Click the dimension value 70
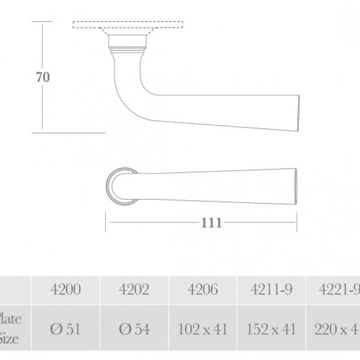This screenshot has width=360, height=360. click(x=43, y=77)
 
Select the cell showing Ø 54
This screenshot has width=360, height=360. click(x=134, y=329)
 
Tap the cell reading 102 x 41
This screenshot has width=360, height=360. click(x=202, y=329)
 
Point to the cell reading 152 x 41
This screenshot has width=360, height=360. click(x=271, y=329)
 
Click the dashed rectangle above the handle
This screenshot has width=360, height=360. click(x=128, y=25)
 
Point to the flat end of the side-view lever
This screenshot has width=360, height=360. click(x=298, y=113)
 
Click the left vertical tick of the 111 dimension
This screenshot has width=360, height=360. click(x=106, y=222)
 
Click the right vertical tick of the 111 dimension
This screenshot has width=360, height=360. click(x=296, y=222)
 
